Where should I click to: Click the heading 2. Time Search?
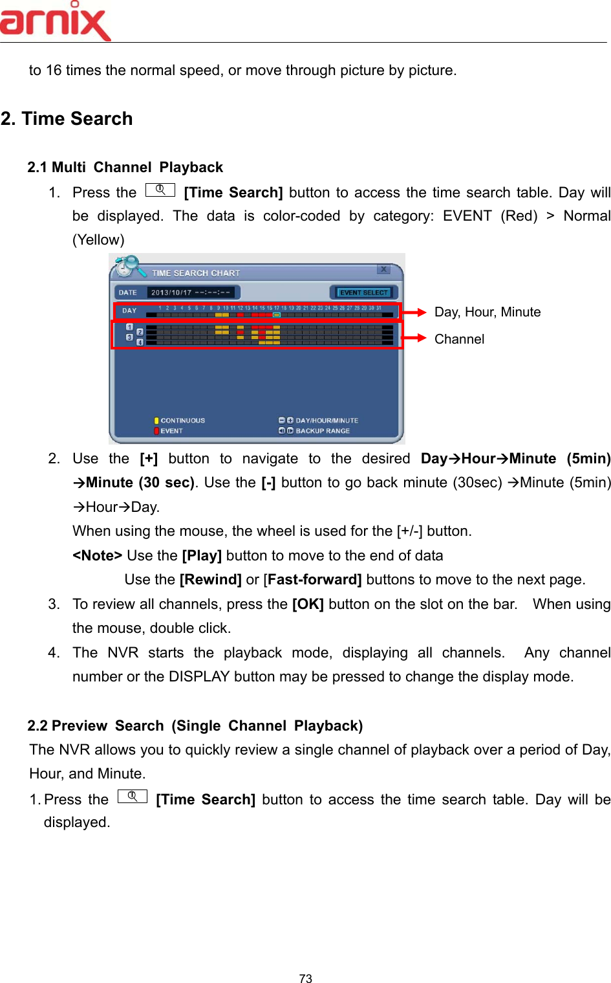click(67, 119)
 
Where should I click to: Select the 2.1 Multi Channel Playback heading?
click(125, 168)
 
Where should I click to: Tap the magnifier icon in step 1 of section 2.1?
click(160, 190)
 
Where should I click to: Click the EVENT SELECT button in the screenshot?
click(364, 293)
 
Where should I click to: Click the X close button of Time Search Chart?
click(383, 269)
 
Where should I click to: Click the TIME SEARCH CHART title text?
click(195, 273)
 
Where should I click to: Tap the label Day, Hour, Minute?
click(488, 312)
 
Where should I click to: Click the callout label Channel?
click(459, 339)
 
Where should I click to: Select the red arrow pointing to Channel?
click(414, 338)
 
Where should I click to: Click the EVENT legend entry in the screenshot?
click(171, 431)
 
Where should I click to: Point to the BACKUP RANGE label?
click(322, 431)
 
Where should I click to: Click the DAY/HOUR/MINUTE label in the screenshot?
click(327, 421)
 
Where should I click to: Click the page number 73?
click(306, 978)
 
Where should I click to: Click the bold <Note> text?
click(97, 556)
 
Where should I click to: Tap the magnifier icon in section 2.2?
click(133, 797)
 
